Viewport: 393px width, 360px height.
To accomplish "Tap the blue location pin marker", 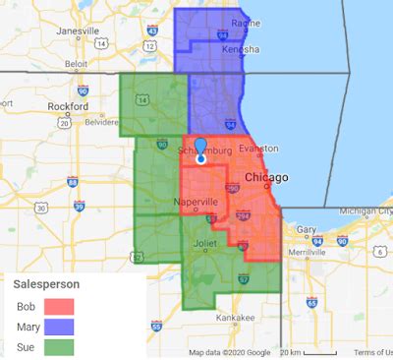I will click(x=200, y=149).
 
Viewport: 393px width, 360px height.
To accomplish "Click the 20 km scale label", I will click(x=291, y=352).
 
